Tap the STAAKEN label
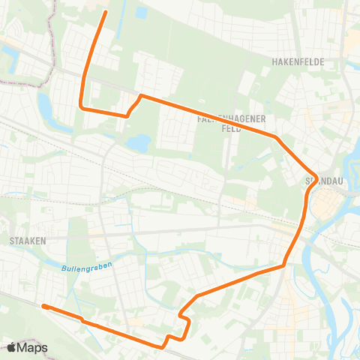(29, 241)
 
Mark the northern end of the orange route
(104, 12)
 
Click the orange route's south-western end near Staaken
(44, 306)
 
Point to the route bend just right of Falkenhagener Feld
(277, 138)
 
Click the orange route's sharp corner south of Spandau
(284, 265)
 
